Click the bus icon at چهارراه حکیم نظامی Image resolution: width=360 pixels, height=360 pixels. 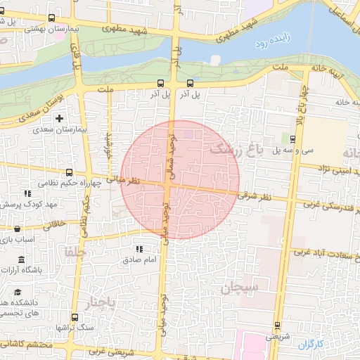tap(68, 172)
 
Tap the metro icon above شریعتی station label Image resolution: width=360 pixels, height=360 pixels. tap(276, 326)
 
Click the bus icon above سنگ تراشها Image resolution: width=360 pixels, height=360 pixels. tap(75, 318)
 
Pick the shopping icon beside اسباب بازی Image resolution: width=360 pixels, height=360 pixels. tap(18, 229)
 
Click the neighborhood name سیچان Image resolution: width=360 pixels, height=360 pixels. tap(240, 287)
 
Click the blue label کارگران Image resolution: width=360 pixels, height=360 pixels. tap(309, 345)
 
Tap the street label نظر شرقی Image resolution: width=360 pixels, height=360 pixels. tap(255, 196)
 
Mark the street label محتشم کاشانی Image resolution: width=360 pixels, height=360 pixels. tap(27, 345)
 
